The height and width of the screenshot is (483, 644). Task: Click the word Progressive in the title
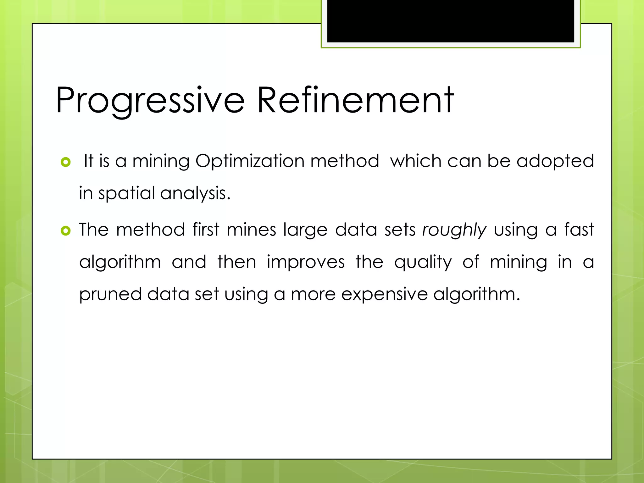click(150, 101)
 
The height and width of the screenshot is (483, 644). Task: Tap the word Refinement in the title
click(355, 101)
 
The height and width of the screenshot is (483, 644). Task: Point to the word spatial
click(127, 193)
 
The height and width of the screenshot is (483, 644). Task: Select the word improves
click(306, 262)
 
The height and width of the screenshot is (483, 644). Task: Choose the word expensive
click(385, 295)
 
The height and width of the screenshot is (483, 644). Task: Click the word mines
click(251, 230)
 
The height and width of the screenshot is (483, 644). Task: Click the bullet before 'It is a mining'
click(65, 162)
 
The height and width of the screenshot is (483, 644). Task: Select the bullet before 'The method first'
click(65, 231)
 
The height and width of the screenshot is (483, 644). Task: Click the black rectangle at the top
click(451, 21)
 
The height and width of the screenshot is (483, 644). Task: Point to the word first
click(206, 230)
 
